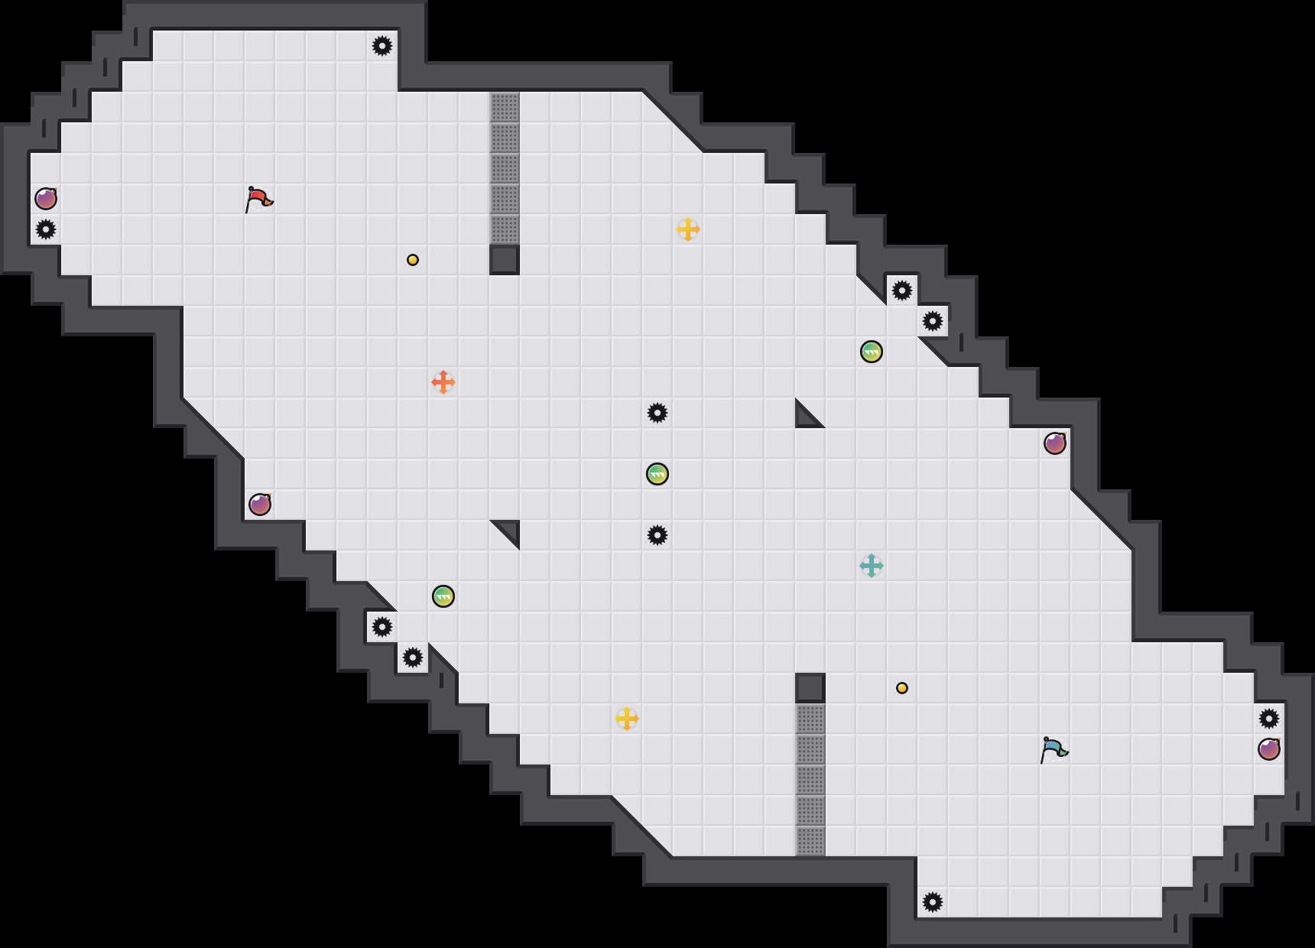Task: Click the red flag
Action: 259,199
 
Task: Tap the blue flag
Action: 1054,749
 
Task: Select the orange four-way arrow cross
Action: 443,382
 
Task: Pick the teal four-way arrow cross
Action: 872,566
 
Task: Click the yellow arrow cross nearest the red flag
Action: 688,229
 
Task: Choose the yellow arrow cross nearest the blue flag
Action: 627,719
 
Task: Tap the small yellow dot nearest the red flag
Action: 413,260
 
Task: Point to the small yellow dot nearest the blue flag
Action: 902,688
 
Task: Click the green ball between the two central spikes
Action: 657,474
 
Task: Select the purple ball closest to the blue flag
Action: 1269,749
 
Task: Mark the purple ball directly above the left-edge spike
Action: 46,199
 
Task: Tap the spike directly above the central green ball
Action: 657,413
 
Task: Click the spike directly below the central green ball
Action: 657,535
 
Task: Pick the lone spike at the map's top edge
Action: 382,46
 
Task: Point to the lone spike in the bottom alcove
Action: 933,902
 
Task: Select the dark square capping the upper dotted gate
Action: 505,260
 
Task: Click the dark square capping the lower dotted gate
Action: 810,688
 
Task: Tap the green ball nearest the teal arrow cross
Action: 872,352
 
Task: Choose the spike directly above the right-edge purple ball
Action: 1269,719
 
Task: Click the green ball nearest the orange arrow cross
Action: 443,596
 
